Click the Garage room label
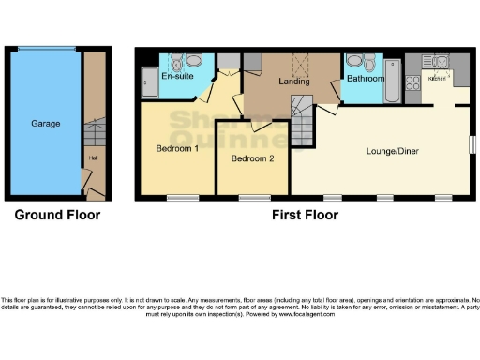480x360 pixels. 46,123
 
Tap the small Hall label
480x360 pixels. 94,158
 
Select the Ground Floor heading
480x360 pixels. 57,215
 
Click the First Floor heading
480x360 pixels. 305,215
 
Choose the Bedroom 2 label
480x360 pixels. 252,158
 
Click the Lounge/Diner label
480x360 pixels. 392,149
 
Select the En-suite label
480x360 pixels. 177,76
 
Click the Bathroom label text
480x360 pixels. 366,79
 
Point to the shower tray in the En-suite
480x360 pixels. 150,82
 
